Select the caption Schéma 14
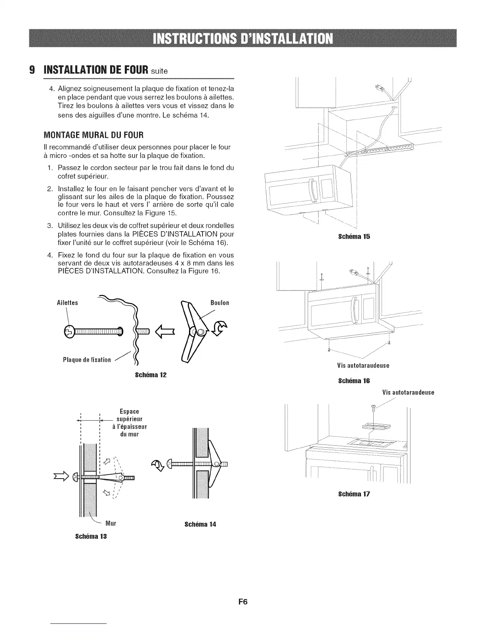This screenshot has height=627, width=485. [x=200, y=524]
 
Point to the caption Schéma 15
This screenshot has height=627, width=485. [x=354, y=237]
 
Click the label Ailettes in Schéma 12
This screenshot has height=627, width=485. [x=68, y=303]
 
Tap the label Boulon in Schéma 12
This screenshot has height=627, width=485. [x=220, y=303]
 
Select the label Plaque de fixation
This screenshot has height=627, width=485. [x=87, y=360]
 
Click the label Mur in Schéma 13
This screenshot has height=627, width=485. [x=111, y=523]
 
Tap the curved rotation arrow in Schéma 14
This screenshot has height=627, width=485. [x=158, y=465]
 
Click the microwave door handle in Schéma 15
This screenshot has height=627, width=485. [x=312, y=191]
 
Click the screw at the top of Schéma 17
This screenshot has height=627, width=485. [x=373, y=407]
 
